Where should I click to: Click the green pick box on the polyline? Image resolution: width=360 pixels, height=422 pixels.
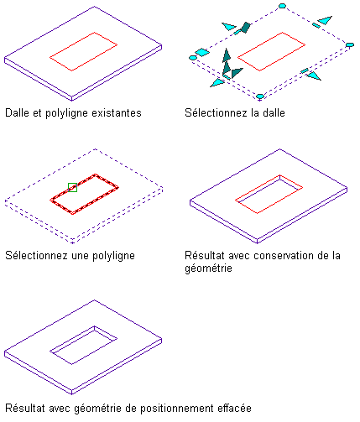[72, 187]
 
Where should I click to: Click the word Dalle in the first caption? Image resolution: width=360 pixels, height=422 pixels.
[17, 113]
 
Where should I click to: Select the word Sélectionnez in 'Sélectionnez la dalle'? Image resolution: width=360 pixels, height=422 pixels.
[216, 113]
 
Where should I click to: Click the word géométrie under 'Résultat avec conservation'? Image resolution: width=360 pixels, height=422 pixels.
[208, 268]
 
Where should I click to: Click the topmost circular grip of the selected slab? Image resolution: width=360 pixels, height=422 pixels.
[282, 6]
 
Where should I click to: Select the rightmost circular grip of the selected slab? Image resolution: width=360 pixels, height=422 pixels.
[350, 44]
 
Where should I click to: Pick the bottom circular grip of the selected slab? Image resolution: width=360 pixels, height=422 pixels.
[260, 96]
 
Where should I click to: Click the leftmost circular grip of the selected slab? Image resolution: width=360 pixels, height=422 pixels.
[193, 58]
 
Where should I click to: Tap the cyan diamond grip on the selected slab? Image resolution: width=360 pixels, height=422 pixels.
[202, 53]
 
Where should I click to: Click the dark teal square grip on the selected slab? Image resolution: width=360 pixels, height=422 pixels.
[246, 28]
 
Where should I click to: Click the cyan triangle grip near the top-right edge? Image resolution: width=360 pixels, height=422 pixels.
[325, 20]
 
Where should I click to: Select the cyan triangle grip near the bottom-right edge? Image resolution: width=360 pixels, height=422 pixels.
[314, 76]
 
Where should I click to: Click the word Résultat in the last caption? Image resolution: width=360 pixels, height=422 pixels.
[25, 409]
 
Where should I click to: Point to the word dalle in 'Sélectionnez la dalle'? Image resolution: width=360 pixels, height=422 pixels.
[274, 113]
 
